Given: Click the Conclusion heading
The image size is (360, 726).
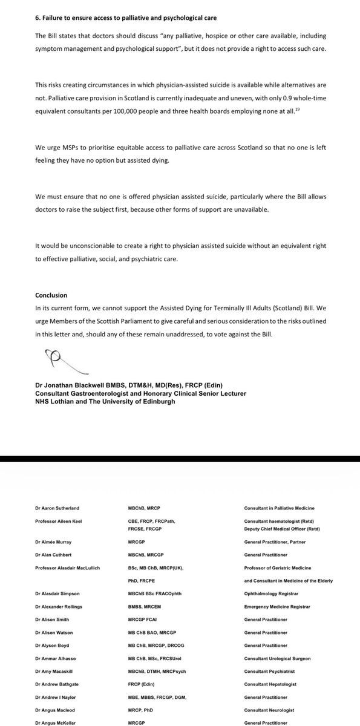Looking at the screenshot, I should [x=52, y=295].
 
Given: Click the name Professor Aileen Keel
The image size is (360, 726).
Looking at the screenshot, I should [x=59, y=521].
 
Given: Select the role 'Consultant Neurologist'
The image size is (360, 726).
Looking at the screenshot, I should [x=266, y=709].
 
